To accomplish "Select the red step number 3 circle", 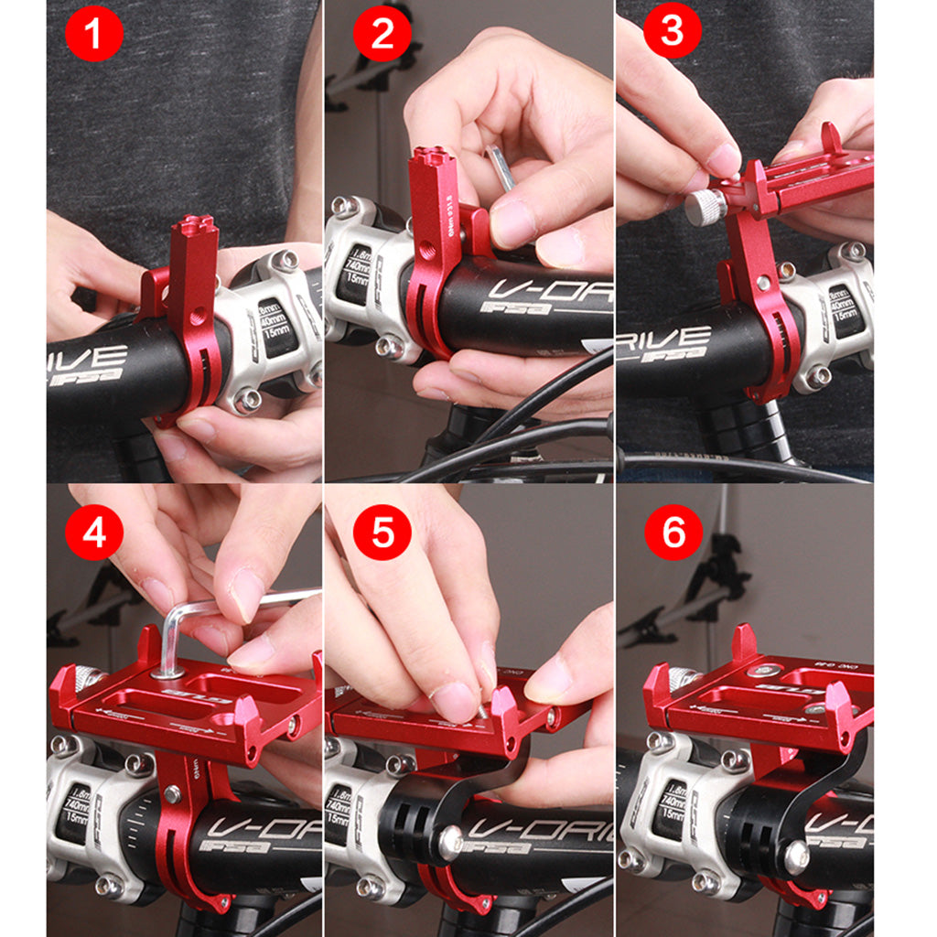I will (x=672, y=31).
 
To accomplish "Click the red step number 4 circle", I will (x=94, y=532).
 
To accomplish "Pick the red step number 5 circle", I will (x=383, y=533).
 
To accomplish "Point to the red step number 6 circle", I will (x=673, y=532).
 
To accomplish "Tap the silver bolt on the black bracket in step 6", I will (x=795, y=855).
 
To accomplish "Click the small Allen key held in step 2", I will (x=501, y=168).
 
